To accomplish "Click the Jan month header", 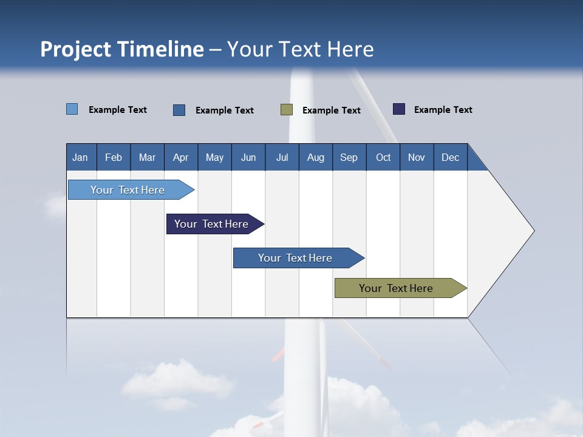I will (80, 157).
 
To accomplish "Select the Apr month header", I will (180, 157).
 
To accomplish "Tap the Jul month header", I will (282, 157).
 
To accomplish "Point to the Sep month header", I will (349, 157).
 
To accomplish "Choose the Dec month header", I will (450, 157).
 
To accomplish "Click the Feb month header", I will (114, 157).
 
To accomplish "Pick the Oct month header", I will (383, 157).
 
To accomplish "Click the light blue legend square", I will (72, 109).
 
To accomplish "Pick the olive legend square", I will (287, 109).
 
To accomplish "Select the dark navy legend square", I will (399, 109).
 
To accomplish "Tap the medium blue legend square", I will (179, 110).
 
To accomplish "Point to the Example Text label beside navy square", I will (443, 110).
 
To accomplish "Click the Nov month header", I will (417, 157).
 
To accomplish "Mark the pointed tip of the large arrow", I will (533, 230).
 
